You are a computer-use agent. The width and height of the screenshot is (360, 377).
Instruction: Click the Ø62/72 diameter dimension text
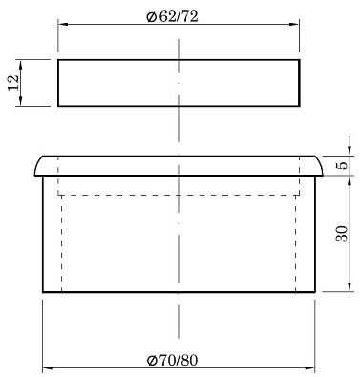tap(172, 16)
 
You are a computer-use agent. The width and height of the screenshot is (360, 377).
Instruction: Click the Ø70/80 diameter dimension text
tap(172, 360)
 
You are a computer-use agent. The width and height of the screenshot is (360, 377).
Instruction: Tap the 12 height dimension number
tap(13, 83)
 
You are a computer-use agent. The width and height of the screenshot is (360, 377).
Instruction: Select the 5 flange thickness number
tap(343, 165)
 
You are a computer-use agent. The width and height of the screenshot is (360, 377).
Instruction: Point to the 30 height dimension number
tap(342, 234)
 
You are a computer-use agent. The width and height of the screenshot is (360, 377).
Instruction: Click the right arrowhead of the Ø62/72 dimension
tap(294, 24)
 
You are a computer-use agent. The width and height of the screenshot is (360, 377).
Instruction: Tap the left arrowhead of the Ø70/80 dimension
tap(48, 368)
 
